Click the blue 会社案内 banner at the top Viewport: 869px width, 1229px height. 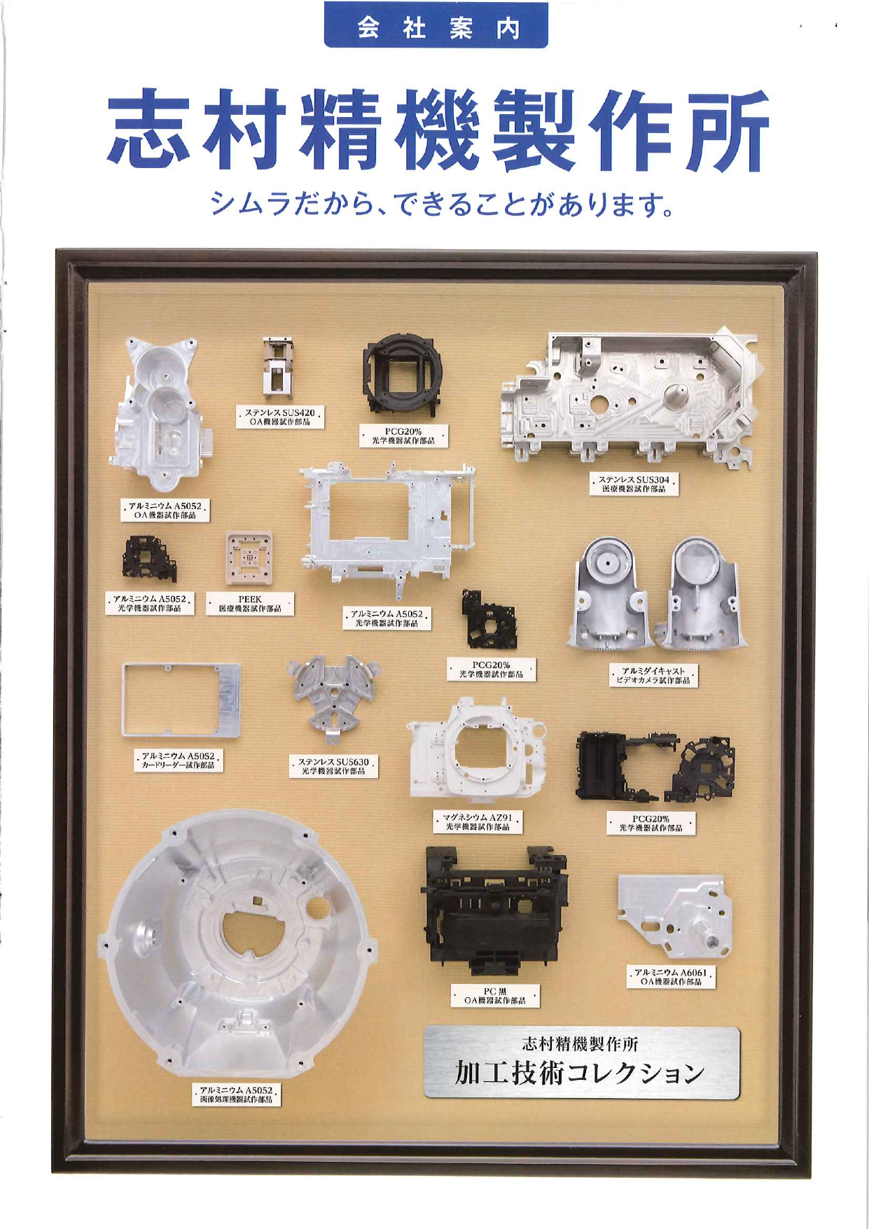[x=436, y=26]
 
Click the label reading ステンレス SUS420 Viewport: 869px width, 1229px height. [x=279, y=417]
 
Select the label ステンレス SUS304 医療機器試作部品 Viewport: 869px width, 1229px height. [x=634, y=484]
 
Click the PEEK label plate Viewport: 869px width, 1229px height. [x=250, y=604]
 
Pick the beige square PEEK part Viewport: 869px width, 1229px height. [x=249, y=558]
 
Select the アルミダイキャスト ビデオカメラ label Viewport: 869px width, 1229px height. [x=653, y=675]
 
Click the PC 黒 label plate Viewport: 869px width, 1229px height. [x=495, y=996]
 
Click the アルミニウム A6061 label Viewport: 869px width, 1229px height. [x=671, y=977]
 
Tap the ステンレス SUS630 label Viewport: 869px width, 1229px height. [x=334, y=766]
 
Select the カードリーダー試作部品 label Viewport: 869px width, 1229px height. [x=179, y=761]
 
